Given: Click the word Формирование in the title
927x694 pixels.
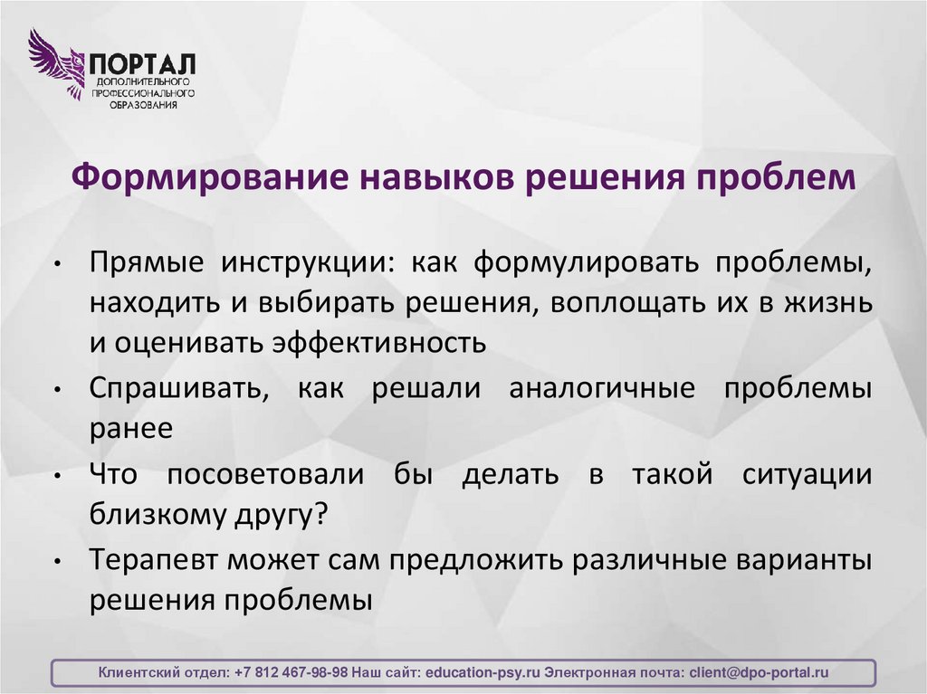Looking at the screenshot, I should click(x=187, y=176).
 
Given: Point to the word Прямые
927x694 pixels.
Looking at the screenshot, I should click(x=146, y=263).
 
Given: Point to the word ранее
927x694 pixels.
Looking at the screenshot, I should click(x=130, y=428).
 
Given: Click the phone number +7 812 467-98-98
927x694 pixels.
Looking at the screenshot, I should click(x=291, y=673).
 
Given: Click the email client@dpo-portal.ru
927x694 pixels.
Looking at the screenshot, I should click(x=759, y=673).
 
